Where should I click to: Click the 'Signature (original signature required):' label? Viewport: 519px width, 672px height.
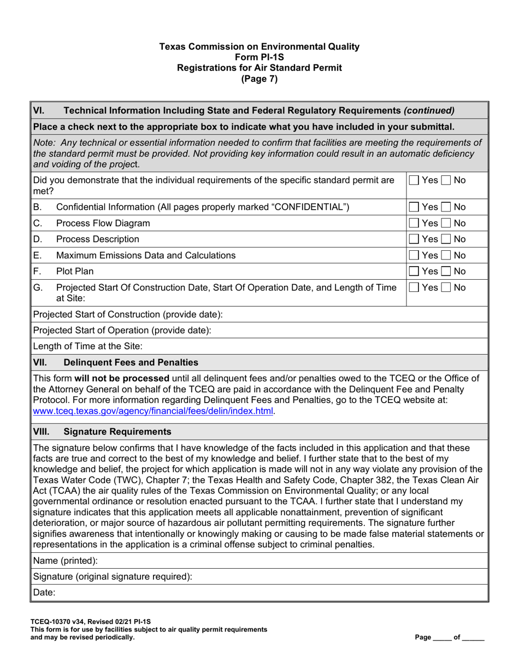113,577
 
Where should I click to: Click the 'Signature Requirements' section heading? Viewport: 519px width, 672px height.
117,432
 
